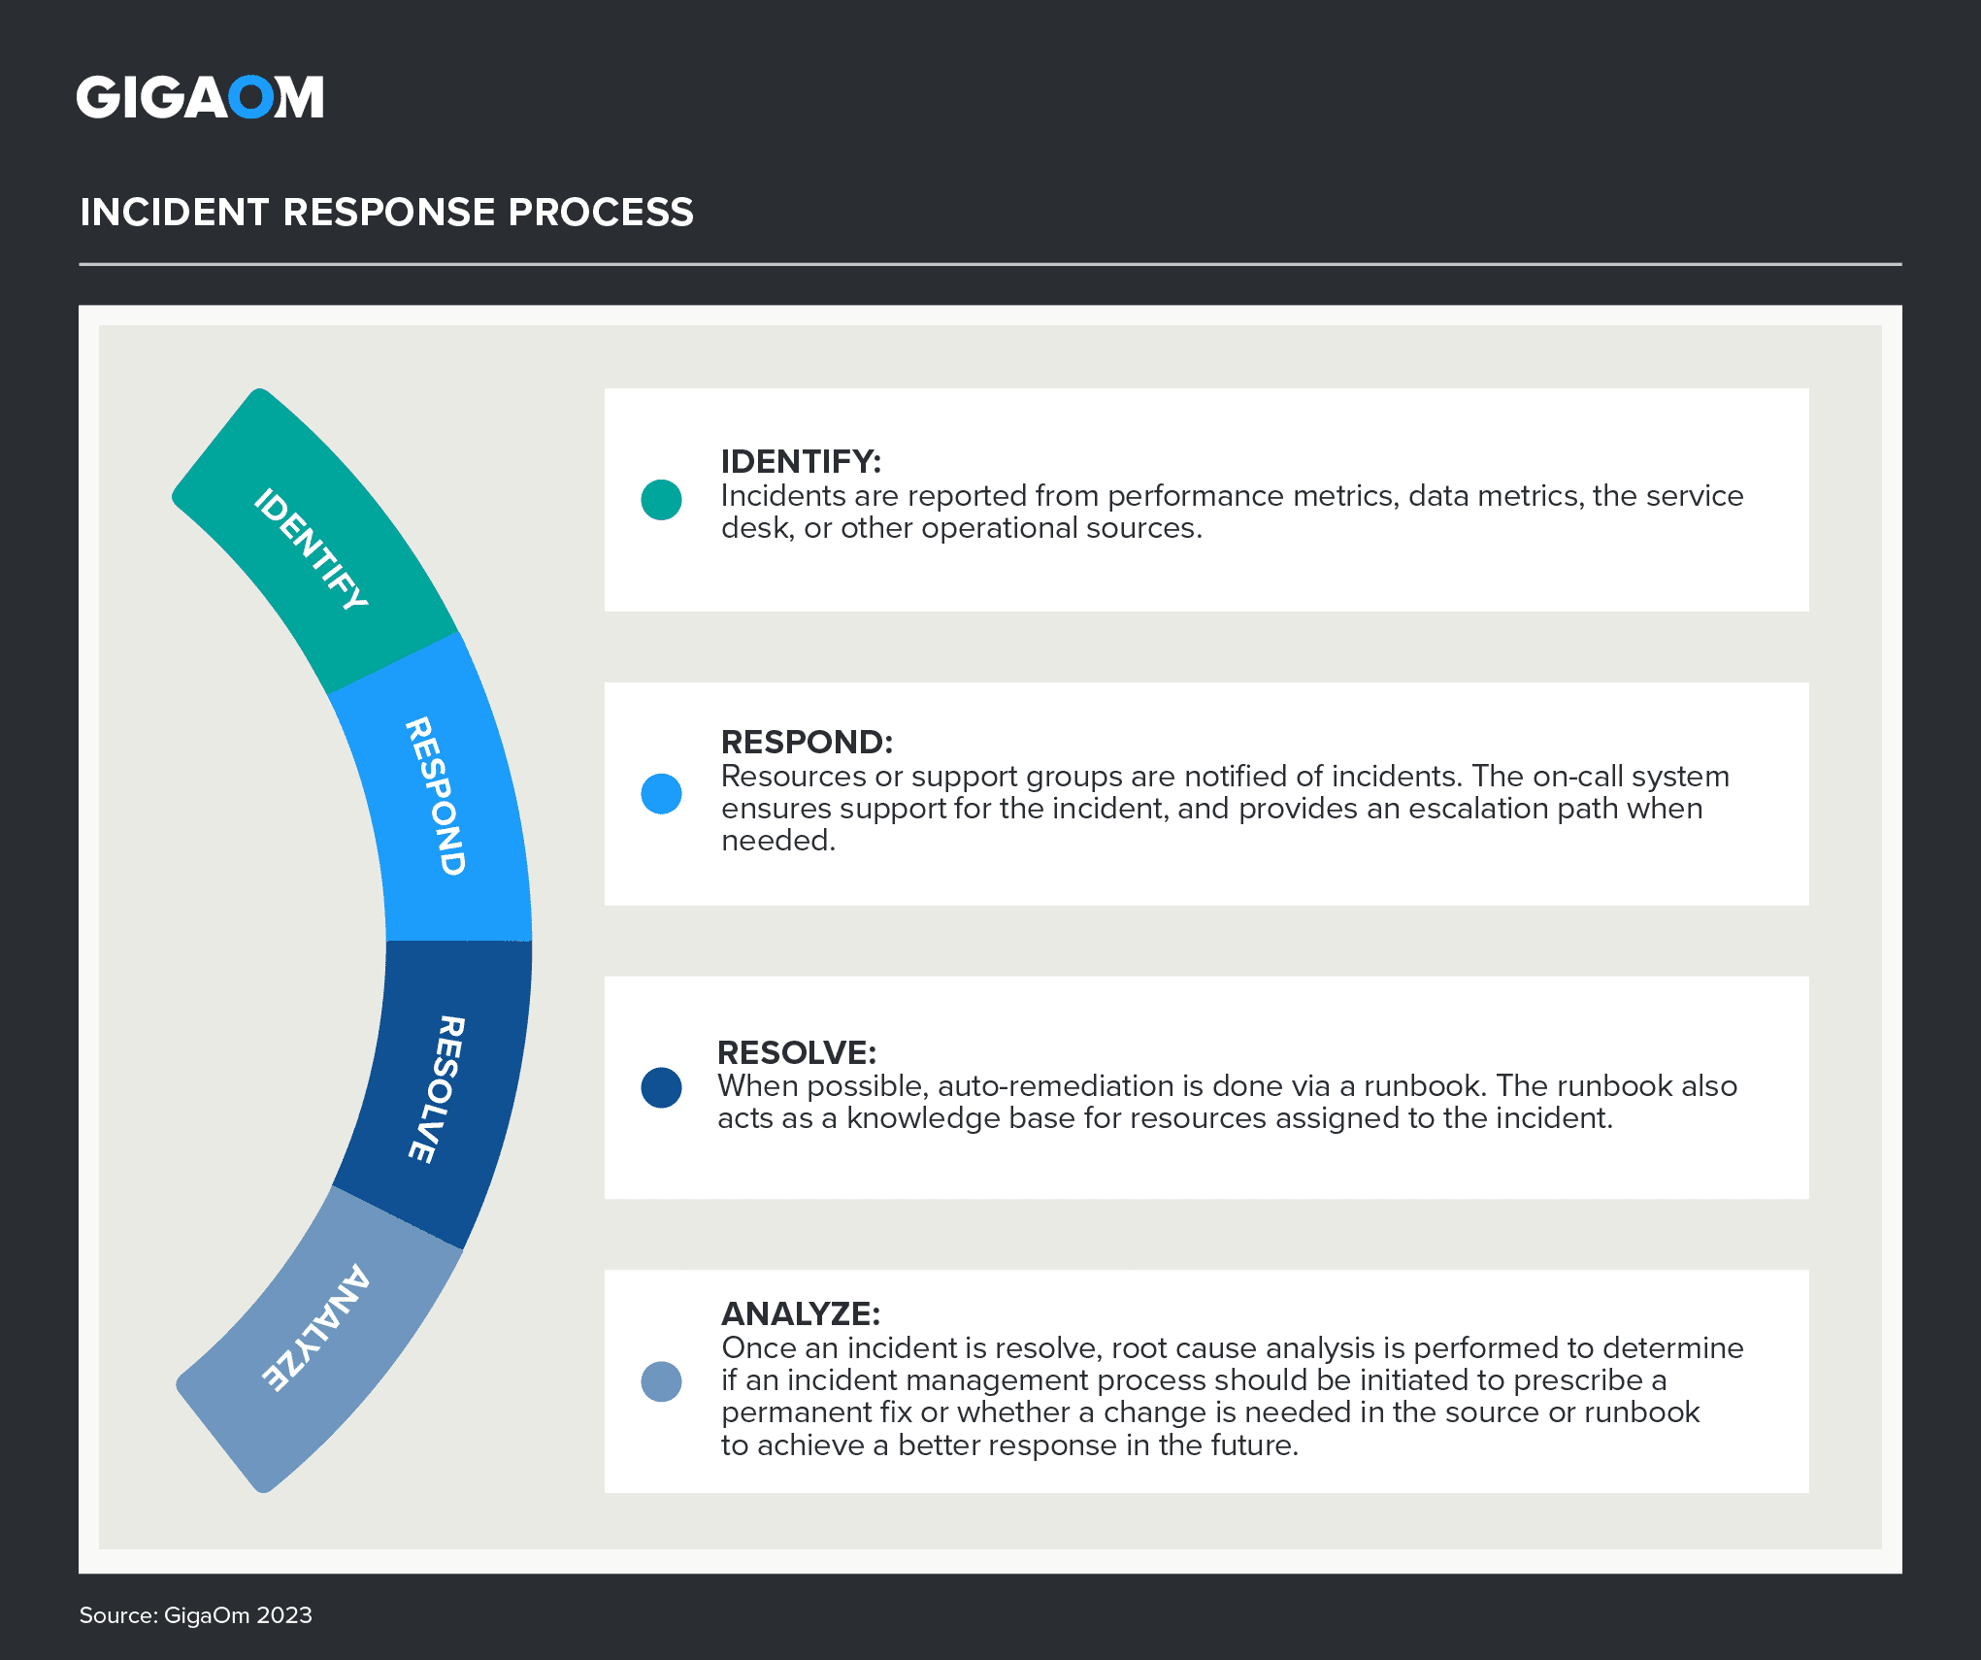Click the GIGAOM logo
click(200, 98)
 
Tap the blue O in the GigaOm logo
click(250, 98)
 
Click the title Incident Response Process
click(386, 213)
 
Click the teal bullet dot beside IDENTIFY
click(661, 500)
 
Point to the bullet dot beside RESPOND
click(661, 794)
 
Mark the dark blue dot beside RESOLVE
click(661, 1087)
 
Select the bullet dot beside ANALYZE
click(661, 1381)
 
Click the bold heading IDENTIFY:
click(801, 461)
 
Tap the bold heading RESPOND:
click(807, 742)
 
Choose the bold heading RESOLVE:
click(797, 1052)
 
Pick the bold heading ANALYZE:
click(801, 1313)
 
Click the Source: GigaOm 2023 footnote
click(195, 1615)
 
